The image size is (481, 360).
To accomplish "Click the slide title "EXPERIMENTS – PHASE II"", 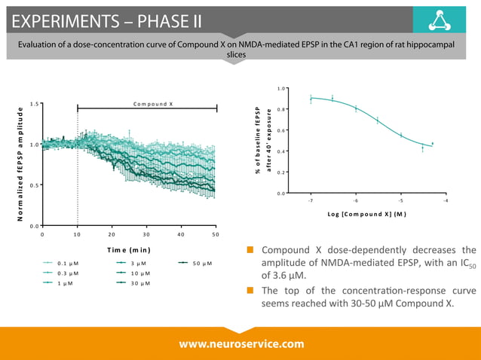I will pos(106,19).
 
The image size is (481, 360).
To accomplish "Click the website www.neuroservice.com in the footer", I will pos(241,343).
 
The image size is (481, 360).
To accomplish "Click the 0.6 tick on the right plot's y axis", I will pos(282,131).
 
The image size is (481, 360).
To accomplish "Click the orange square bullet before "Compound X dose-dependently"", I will pos(250,251).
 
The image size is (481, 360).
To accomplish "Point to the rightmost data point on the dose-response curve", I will pos(432,144).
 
